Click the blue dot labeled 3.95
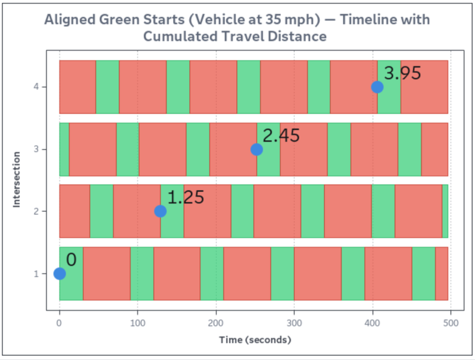click(377, 87)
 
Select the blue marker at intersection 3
click(257, 149)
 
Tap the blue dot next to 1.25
click(160, 211)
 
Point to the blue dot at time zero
click(60, 273)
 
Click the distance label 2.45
click(281, 135)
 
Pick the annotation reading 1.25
click(186, 197)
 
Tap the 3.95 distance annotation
click(403, 73)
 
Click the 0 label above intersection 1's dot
click(71, 260)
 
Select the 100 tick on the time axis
click(137, 323)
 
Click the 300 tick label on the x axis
click(294, 323)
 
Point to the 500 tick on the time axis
click(451, 323)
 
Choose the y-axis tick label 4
click(36, 87)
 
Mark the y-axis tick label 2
click(36, 211)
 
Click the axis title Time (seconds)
click(255, 340)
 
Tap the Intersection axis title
click(16, 180)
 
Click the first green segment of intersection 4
click(107, 87)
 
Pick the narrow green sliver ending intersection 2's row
click(445, 211)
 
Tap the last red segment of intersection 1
click(442, 273)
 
